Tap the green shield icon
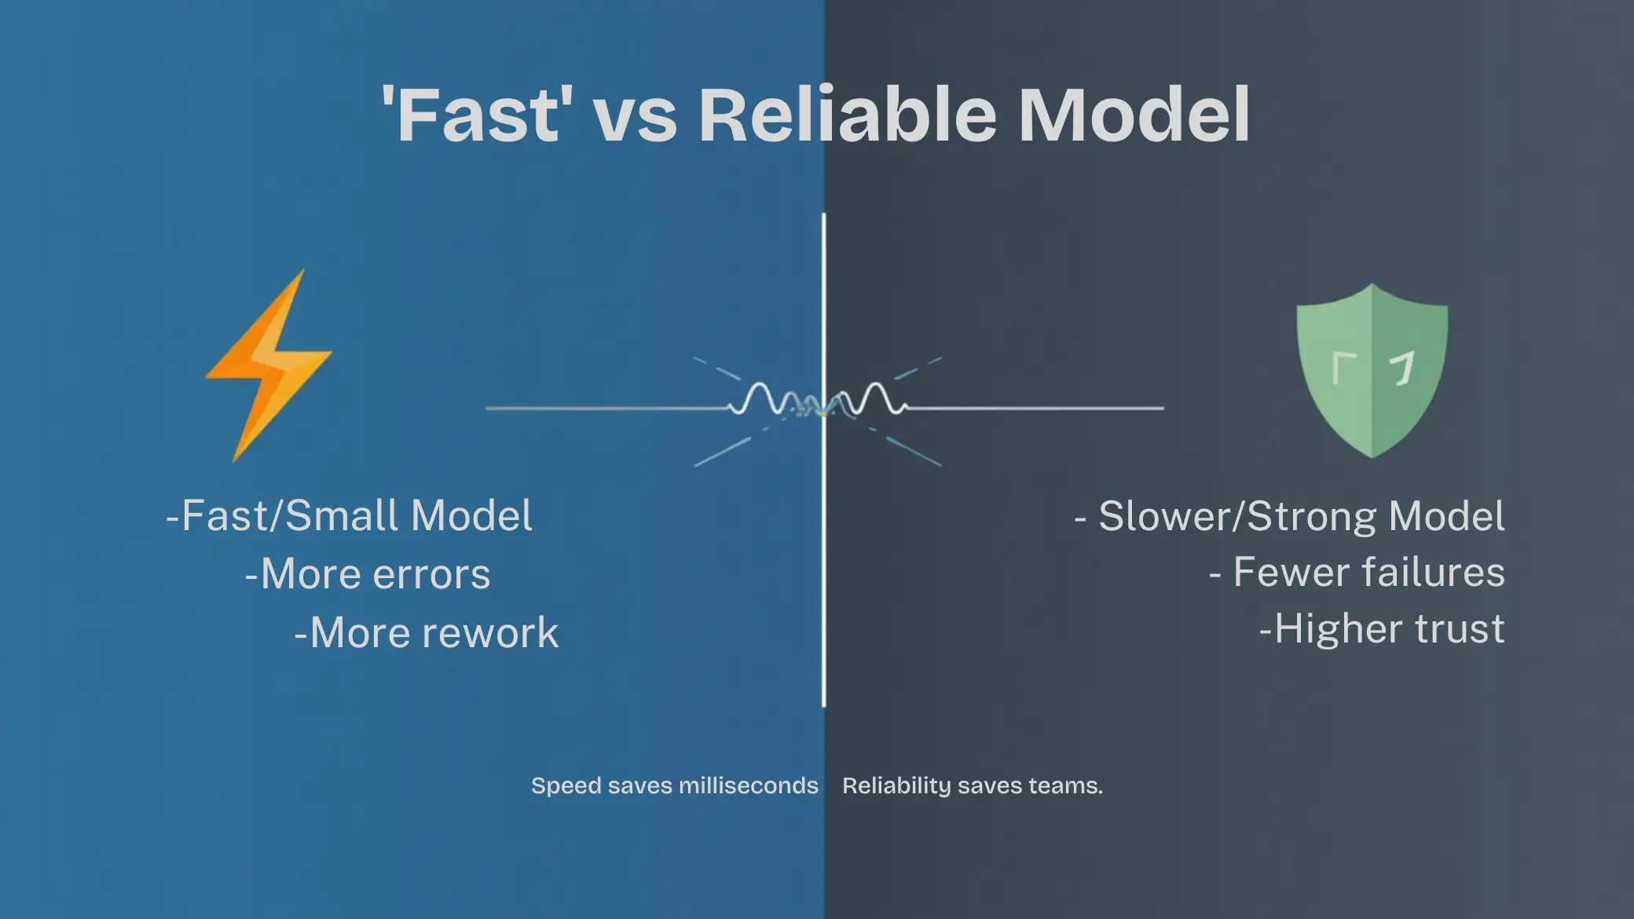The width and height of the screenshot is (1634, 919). (x=1372, y=369)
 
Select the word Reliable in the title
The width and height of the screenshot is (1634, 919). (x=848, y=115)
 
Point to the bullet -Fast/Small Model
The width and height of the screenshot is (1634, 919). (x=350, y=516)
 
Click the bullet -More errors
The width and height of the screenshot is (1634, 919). (x=368, y=574)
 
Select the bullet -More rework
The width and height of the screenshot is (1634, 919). (x=427, y=633)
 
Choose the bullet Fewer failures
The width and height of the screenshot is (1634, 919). (x=1357, y=573)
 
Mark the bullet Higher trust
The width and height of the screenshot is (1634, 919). (x=1382, y=629)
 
